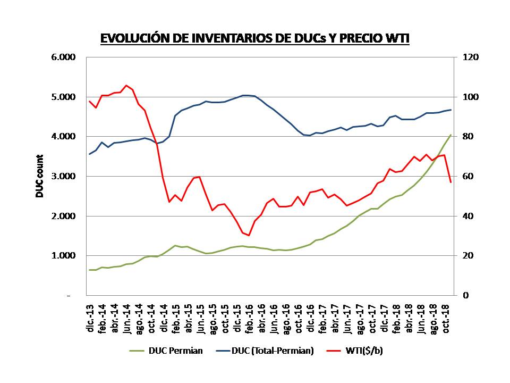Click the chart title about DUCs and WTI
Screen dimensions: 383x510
(x=255, y=38)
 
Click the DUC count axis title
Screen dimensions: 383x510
(x=40, y=176)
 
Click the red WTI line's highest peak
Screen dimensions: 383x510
(x=126, y=85)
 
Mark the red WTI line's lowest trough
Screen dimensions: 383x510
(x=248, y=235)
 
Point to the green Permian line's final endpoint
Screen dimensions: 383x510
(x=450, y=135)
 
